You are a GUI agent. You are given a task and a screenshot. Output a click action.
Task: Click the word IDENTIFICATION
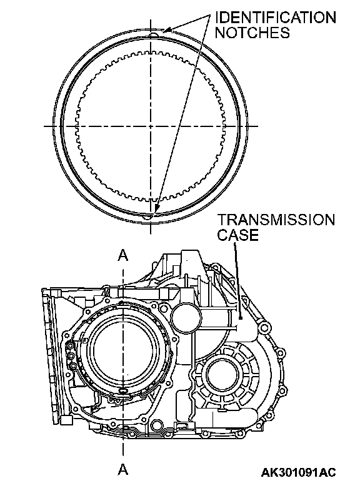pos(276,18)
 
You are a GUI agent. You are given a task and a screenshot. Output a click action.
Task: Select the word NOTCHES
pos(252,33)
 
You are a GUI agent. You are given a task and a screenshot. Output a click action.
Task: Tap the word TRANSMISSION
pos(276,220)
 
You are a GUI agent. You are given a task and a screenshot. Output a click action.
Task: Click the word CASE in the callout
pos(238,235)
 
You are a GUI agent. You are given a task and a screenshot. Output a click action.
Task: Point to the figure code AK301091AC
pos(299,472)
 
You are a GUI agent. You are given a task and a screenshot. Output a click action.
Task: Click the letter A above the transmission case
pos(123,255)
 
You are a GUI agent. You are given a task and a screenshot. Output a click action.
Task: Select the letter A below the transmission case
pos(123,469)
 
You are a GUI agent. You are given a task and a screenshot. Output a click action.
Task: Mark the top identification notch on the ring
pos(151,34)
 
